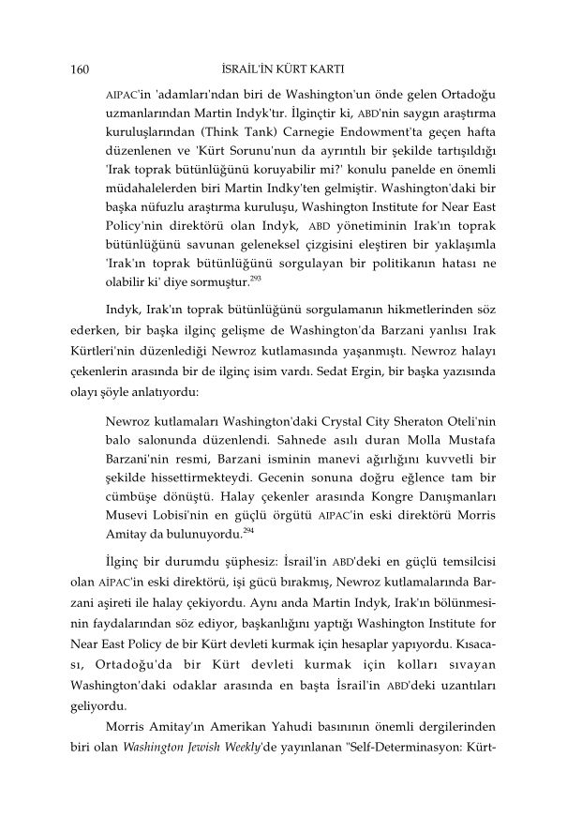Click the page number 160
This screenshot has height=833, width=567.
point(80,69)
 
